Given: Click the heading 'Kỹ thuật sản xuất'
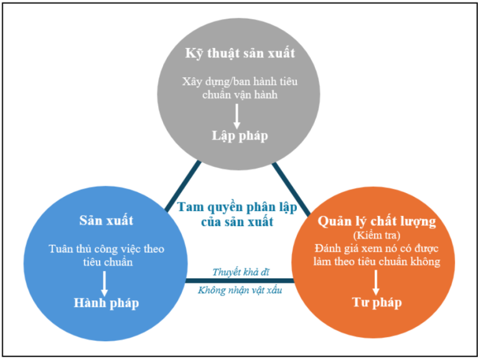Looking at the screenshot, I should point(240,53).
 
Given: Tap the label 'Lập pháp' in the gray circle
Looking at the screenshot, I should point(240,136).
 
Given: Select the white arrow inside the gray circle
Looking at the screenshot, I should point(237,115).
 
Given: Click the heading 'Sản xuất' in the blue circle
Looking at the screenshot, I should point(106,220).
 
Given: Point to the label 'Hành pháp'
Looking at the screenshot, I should point(106,303).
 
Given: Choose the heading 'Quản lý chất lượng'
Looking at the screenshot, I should point(377,221).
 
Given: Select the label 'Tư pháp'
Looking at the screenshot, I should point(377,303).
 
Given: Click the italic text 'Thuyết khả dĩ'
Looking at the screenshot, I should point(240,272).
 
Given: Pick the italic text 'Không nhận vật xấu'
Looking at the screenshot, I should point(240,290).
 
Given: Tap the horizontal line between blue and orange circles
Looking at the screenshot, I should point(240,280).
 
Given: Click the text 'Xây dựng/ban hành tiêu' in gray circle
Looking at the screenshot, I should point(240,82).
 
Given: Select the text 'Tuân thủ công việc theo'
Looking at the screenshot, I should point(106,249).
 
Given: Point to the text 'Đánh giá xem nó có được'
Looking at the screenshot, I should point(377,249).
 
